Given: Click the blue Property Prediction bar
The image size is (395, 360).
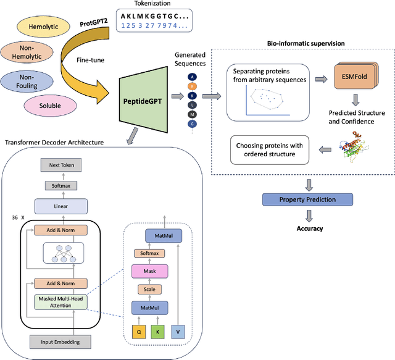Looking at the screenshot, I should click(308, 199).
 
